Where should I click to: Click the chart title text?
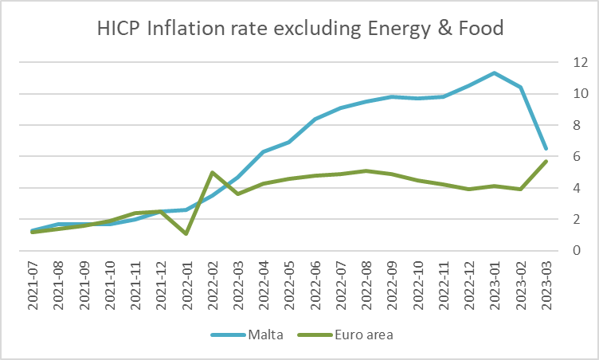tap(300, 29)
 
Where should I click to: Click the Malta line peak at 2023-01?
tap(494, 73)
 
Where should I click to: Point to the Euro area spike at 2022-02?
tap(212, 172)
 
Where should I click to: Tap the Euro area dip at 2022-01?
tap(186, 233)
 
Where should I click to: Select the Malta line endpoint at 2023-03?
tap(546, 148)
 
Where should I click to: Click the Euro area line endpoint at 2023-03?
tap(546, 161)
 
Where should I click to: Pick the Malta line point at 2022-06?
tap(315, 119)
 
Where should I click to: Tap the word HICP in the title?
tap(119, 29)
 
